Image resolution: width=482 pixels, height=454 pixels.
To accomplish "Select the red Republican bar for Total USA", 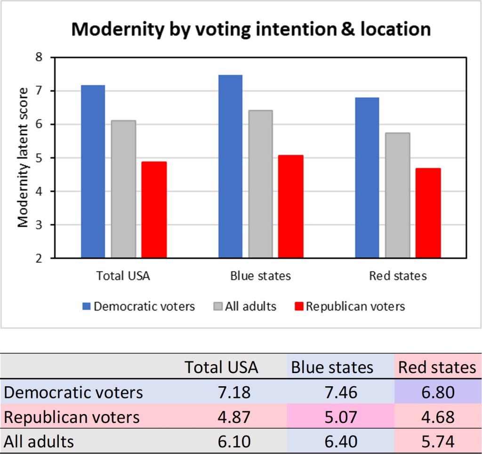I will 154,210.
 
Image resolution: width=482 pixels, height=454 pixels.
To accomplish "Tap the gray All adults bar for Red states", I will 397,195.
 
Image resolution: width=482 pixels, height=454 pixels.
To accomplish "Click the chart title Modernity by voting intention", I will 250,29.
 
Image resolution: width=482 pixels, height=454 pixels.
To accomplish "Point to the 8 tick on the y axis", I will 39,57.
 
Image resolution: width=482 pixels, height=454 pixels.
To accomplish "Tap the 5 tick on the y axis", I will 39,158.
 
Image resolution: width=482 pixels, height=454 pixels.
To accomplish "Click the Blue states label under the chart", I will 260,276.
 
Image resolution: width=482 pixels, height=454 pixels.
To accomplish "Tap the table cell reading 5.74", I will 437,441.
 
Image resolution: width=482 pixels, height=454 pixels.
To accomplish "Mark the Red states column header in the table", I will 437,367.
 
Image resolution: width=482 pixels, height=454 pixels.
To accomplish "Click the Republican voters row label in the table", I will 72,417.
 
